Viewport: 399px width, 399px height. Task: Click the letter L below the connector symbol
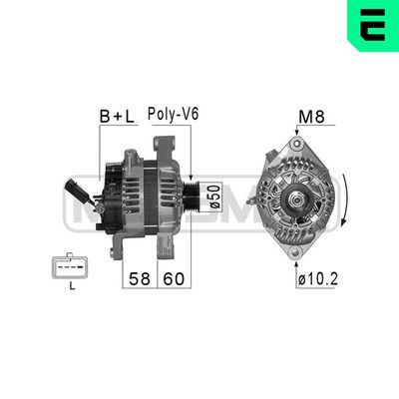click(x=72, y=289)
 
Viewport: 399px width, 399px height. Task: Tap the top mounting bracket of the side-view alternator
click(x=131, y=152)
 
